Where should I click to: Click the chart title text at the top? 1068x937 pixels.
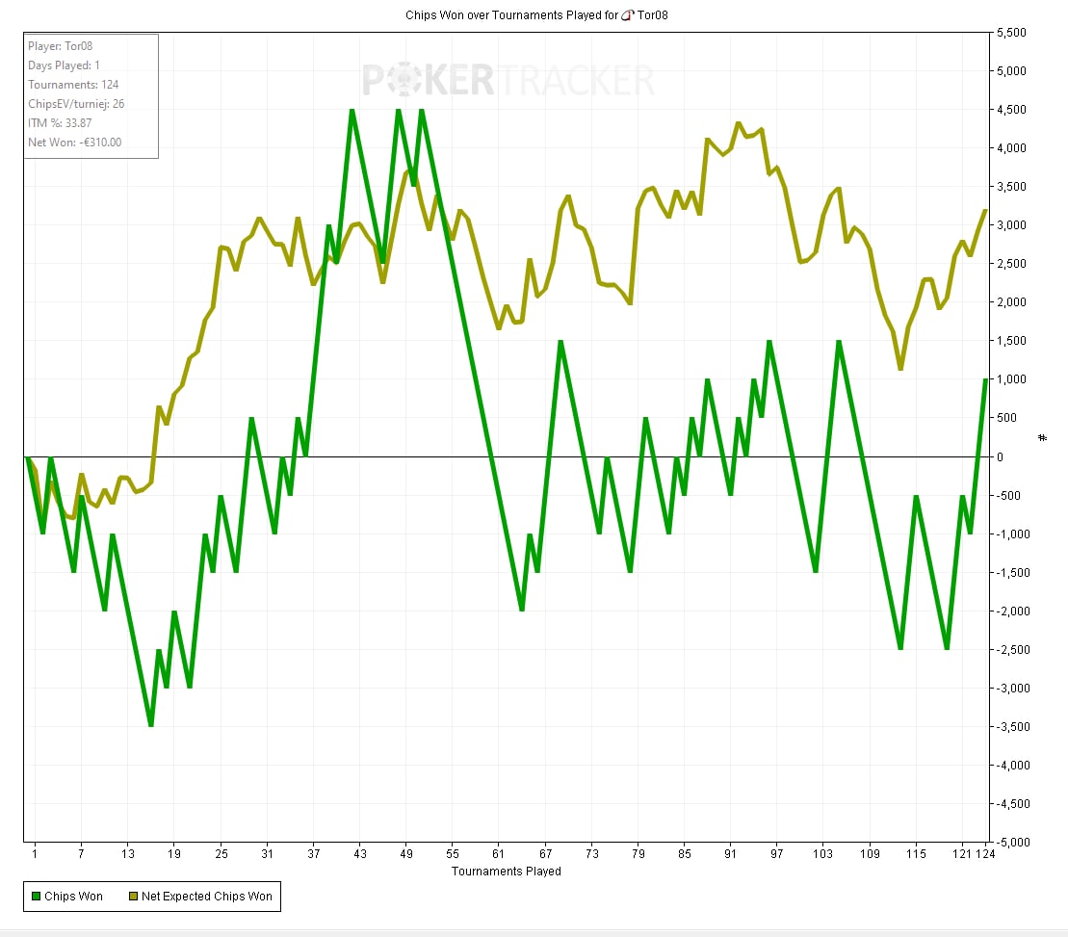tap(534, 15)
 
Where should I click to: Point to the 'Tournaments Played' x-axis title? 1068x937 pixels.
tap(506, 871)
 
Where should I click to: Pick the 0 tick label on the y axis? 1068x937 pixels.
tap(1001, 457)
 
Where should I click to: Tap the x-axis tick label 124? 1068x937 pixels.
tap(984, 854)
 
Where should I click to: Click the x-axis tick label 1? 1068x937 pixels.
tap(34, 854)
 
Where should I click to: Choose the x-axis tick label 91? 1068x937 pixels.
tap(731, 854)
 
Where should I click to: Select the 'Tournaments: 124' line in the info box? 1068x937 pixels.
tap(73, 85)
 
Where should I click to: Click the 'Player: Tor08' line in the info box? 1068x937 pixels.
tap(60, 46)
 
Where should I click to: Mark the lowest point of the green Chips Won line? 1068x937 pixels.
tap(151, 725)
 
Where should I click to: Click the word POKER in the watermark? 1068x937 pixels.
tap(429, 81)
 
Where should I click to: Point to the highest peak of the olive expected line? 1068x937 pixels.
tap(738, 123)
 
